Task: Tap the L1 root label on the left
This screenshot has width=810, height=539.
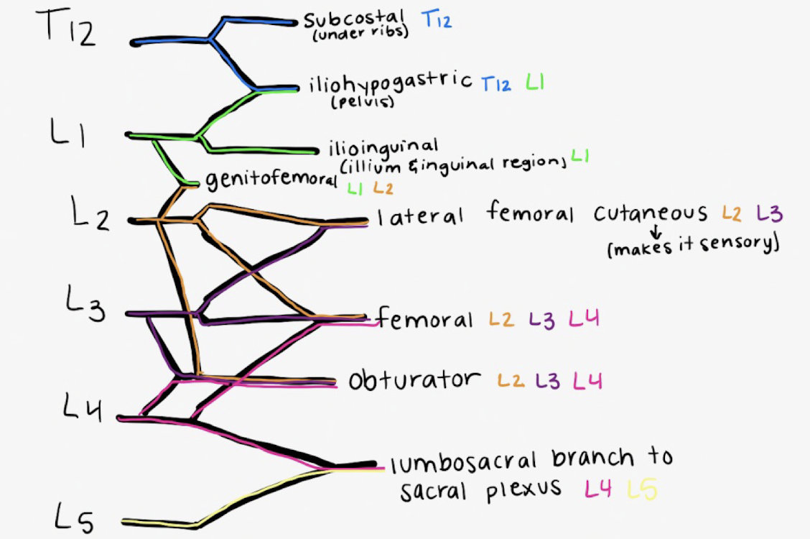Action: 68,134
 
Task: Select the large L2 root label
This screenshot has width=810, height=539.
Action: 90,214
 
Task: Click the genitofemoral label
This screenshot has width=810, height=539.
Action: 271,180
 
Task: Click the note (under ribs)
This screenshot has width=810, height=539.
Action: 361,34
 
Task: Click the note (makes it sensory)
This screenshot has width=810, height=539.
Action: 692,246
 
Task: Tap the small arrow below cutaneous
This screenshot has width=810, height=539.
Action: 655,232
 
